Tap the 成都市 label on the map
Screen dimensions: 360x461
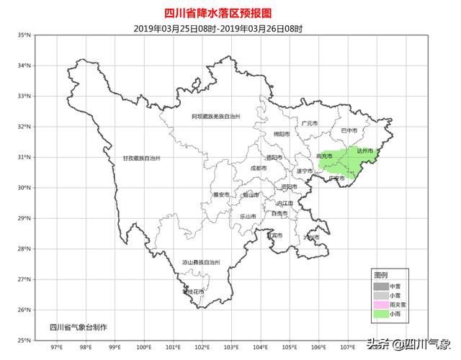point(258,168)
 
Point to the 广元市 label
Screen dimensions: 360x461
point(310,123)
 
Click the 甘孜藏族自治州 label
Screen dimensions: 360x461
point(141,158)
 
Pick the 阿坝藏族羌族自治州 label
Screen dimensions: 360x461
point(215,116)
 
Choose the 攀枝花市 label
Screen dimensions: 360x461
point(194,292)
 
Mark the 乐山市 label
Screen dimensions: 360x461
point(247,216)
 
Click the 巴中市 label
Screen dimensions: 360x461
point(349,131)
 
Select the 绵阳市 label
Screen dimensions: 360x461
point(282,134)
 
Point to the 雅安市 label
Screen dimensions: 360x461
point(220,194)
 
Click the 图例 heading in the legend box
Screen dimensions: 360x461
point(380,275)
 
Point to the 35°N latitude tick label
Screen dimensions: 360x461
point(24,35)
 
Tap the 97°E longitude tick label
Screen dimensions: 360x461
point(55,347)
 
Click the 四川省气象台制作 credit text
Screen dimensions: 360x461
point(78,328)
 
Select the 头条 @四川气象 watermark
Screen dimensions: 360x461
point(408,343)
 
